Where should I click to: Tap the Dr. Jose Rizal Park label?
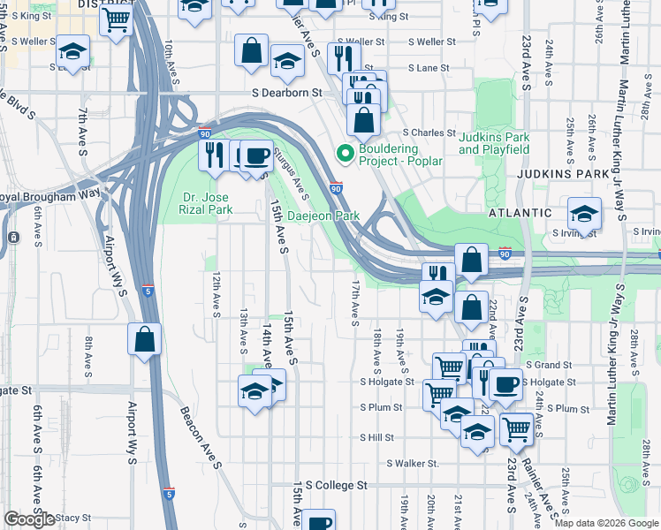204,203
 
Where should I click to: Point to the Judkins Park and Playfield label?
494,143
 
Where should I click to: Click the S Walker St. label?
409,463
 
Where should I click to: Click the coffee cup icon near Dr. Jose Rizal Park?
256,156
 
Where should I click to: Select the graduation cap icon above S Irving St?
584,213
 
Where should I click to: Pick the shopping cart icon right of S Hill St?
517,429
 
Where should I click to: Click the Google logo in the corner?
29,519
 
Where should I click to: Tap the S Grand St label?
549,365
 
